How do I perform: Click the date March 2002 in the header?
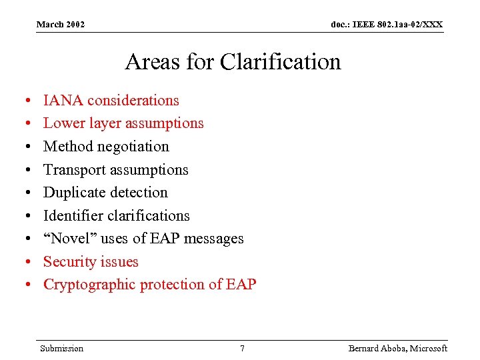[61, 25]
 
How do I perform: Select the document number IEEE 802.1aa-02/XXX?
[387, 25]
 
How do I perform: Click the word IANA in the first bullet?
[63, 101]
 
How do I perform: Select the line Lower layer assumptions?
[123, 123]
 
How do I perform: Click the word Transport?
[74, 170]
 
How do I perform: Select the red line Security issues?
[91, 262]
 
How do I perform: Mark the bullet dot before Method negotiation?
[25, 147]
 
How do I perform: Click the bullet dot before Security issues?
[25, 263]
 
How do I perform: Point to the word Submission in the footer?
[61, 349]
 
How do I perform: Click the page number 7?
[242, 349]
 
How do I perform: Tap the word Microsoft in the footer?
[429, 349]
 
